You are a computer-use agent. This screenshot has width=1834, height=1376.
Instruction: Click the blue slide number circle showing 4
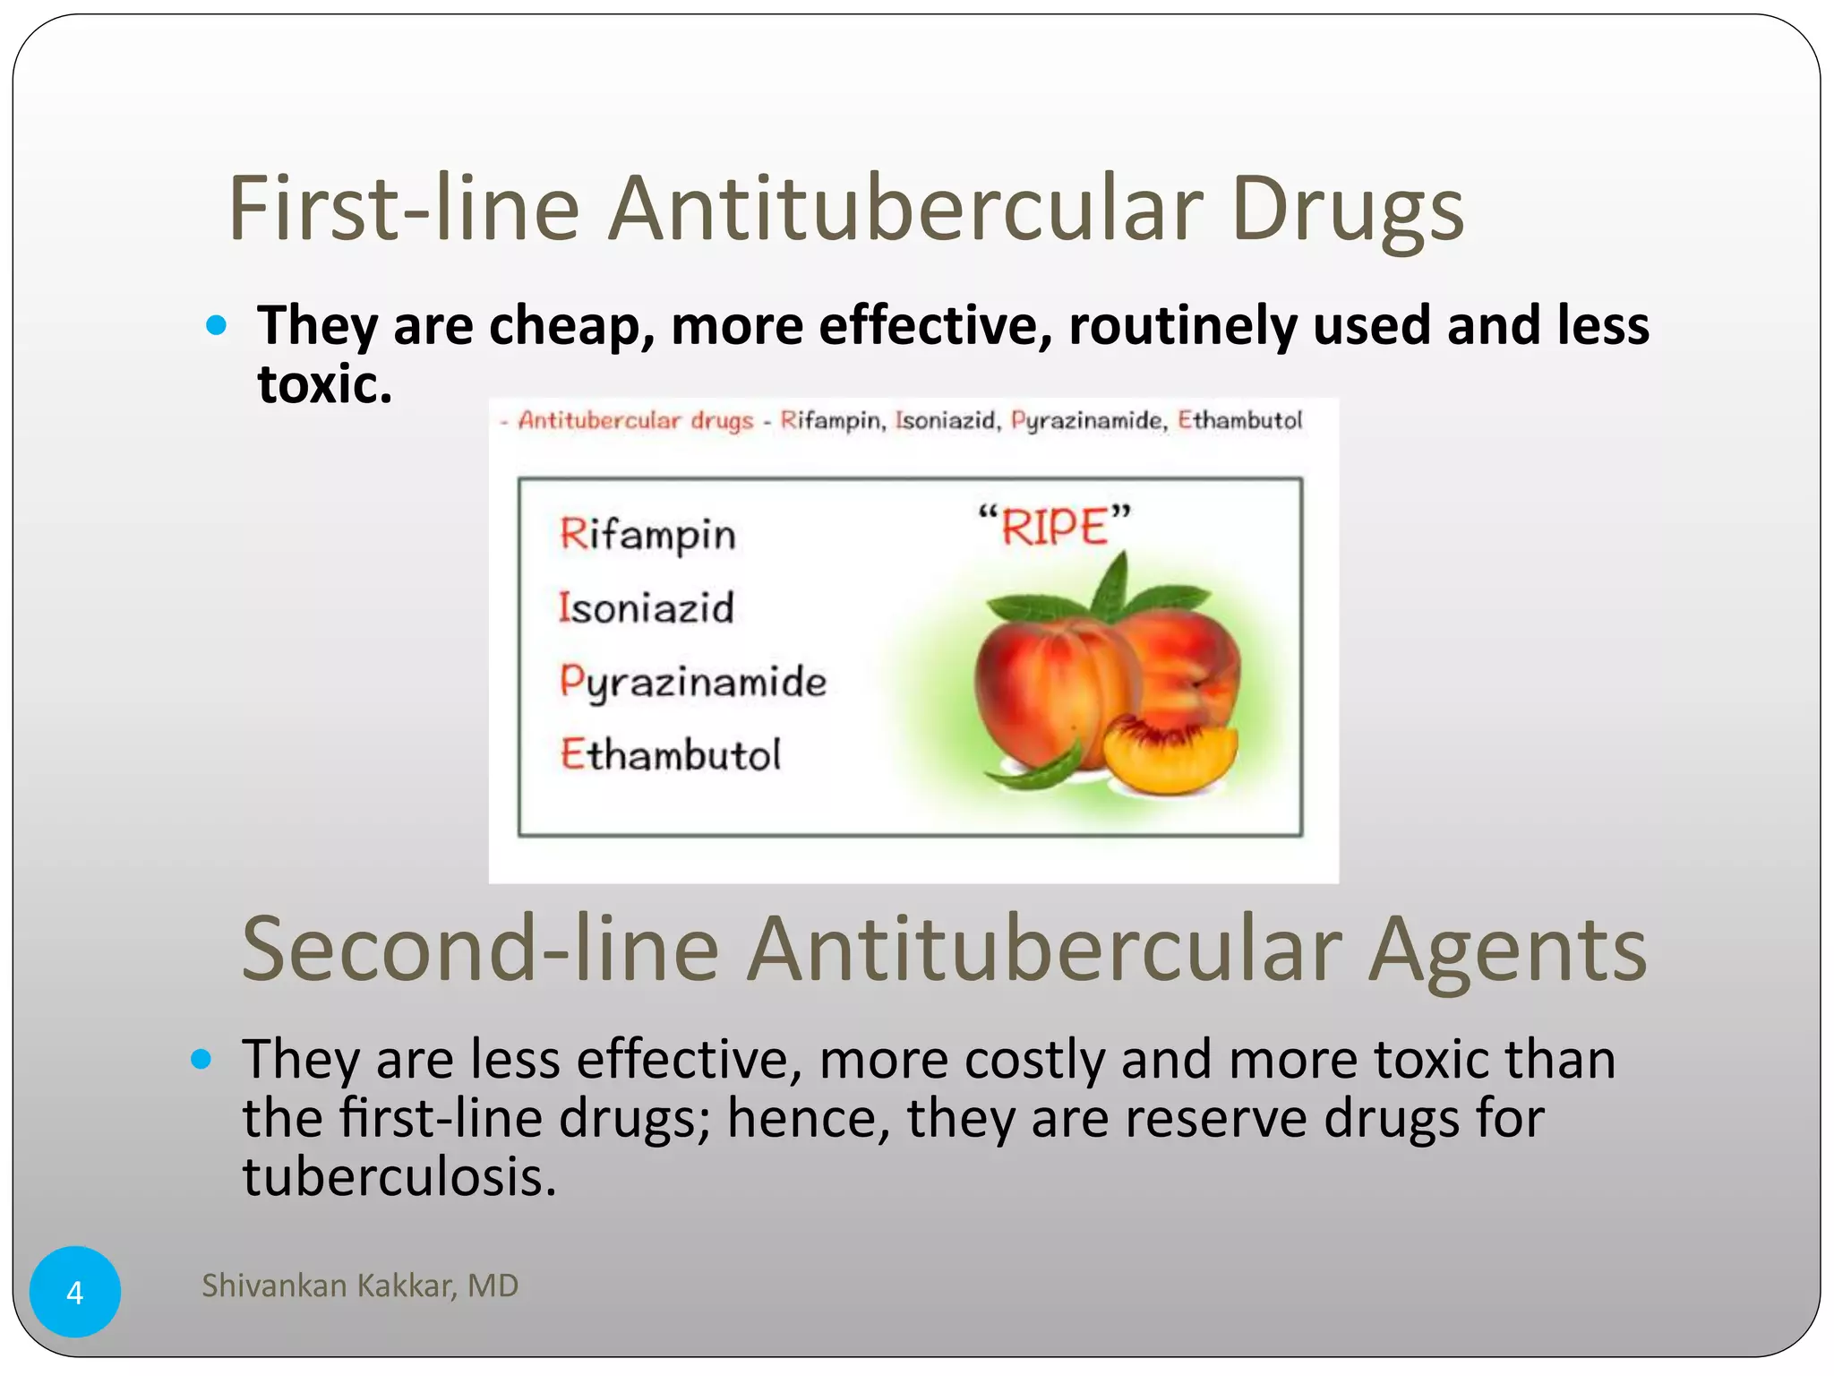[75, 1292]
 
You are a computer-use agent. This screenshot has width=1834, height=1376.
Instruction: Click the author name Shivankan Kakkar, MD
[360, 1286]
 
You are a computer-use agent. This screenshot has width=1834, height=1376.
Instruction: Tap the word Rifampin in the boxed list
[647, 535]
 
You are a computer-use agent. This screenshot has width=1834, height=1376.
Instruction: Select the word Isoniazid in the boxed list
[646, 608]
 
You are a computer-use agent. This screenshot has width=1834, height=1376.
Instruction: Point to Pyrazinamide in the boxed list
[692, 683]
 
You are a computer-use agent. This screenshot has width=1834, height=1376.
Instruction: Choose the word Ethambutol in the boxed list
[670, 755]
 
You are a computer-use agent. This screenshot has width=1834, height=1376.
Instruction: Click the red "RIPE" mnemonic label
[1054, 526]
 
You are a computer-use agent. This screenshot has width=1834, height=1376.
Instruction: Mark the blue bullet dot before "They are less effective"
[201, 1060]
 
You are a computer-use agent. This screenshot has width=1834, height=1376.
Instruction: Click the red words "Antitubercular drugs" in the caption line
[635, 420]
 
